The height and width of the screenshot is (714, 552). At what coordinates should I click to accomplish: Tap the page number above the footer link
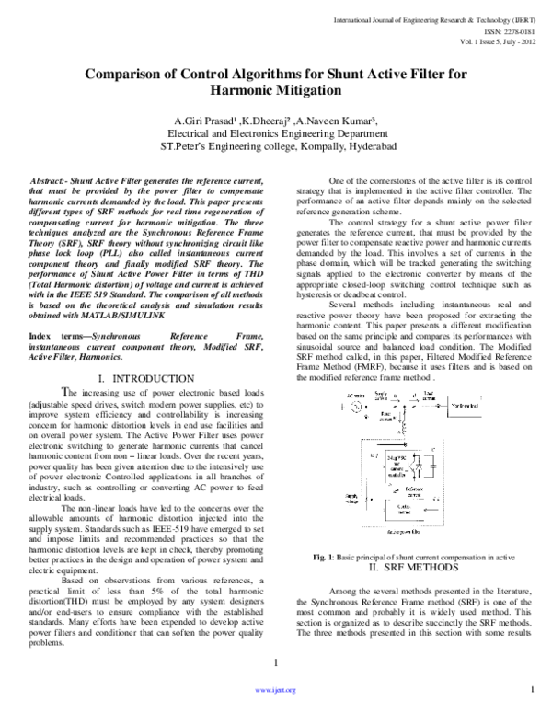tap(277, 664)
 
